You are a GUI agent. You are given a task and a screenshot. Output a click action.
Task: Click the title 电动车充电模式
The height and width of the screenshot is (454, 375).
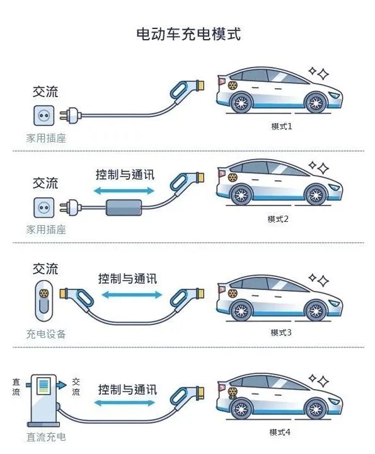(x=188, y=34)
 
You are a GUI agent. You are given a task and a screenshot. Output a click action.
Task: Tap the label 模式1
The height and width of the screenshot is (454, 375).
(x=281, y=127)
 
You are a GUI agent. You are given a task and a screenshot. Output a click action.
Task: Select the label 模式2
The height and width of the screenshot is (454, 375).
(x=278, y=219)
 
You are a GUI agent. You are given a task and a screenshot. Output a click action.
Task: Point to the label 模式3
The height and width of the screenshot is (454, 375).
(x=281, y=332)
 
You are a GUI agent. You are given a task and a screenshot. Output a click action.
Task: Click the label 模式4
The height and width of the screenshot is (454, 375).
(x=280, y=433)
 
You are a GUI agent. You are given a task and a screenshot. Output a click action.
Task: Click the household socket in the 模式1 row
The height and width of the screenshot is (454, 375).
(x=44, y=115)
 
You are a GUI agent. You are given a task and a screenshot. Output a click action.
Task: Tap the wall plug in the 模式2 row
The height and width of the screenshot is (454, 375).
(x=71, y=207)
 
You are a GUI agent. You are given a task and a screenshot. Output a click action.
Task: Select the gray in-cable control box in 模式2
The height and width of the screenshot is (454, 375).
(x=124, y=207)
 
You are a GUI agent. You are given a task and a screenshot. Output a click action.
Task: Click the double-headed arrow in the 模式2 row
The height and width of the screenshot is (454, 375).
(x=124, y=190)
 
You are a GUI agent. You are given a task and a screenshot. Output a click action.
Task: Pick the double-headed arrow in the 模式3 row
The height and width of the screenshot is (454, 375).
(x=132, y=295)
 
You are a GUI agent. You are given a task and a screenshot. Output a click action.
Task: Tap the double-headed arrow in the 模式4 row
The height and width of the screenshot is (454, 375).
(x=124, y=403)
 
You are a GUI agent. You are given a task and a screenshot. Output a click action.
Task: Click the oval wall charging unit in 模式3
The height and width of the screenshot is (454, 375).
(x=43, y=301)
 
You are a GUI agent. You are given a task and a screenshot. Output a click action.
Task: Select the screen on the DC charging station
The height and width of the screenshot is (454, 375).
(x=43, y=385)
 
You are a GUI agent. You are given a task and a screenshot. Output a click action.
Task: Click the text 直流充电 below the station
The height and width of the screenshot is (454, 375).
(x=46, y=437)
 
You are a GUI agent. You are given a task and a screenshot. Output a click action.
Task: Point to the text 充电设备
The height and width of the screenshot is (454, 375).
(x=46, y=334)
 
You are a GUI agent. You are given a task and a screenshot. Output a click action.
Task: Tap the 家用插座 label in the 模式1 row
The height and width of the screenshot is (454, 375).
(x=46, y=138)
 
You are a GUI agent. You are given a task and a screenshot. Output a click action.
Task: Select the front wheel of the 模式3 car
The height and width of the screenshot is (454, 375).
(x=316, y=311)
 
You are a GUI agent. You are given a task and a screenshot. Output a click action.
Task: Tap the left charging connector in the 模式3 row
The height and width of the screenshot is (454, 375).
(x=77, y=298)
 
